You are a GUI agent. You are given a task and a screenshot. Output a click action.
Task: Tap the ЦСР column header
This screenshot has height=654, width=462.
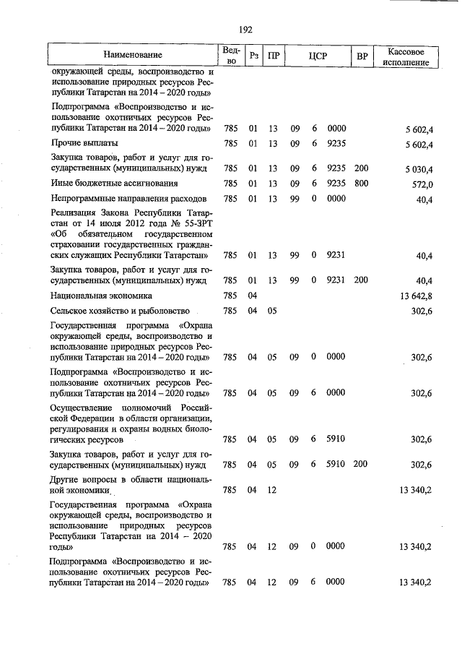(318, 56)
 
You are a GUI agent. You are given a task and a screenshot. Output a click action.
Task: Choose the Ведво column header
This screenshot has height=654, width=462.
(230, 56)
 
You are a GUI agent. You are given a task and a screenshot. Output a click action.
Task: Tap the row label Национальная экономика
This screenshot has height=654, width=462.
(101, 296)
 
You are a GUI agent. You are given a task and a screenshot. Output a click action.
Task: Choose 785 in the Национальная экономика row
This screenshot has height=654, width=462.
(230, 296)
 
